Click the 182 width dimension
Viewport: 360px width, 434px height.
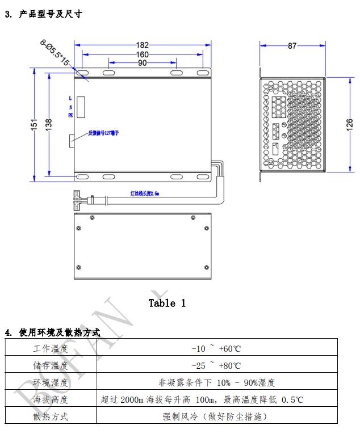pos(143,45)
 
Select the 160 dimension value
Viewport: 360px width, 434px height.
pos(143,54)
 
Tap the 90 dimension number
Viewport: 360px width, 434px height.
pos(142,63)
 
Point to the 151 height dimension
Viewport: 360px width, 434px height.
pos(34,124)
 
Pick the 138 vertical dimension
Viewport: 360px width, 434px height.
pos(49,123)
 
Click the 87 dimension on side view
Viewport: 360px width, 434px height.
pos(292,46)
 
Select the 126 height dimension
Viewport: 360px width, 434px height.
pos(350,124)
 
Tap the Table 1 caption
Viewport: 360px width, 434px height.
pos(167,303)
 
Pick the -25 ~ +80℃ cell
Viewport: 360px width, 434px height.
pos(216,366)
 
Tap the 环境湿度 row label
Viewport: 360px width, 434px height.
pos(51,383)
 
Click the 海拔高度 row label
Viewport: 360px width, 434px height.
pos(51,400)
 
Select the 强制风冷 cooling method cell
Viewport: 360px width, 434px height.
pos(216,417)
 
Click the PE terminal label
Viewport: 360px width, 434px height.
pos(71,115)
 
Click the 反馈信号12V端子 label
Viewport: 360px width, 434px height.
pos(103,133)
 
